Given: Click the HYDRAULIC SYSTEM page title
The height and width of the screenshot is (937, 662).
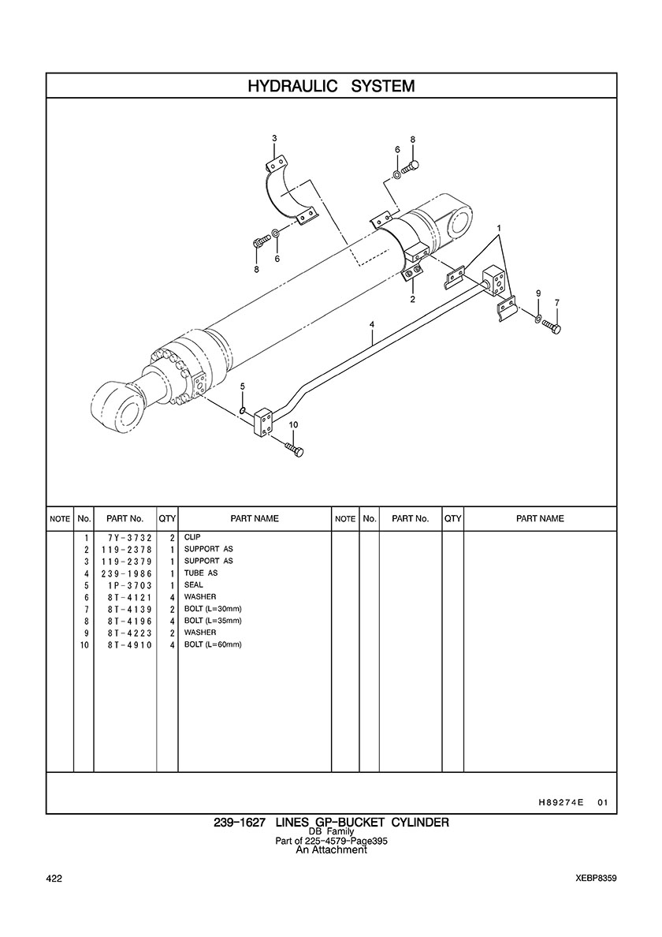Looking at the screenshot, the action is point(331,86).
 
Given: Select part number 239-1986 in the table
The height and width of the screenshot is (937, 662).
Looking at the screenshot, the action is point(127,573).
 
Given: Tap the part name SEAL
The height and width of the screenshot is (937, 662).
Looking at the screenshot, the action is point(193,585).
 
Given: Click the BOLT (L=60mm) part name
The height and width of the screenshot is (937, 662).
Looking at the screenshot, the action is point(213,645).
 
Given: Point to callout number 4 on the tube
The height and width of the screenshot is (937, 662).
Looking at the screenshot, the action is point(372,324).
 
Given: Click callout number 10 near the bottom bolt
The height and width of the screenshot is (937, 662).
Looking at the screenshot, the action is point(294,424).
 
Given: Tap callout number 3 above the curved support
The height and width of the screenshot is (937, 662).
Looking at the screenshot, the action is point(274,138).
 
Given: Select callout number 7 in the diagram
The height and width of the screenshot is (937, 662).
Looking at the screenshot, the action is point(556,302).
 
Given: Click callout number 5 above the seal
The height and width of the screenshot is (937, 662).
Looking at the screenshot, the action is point(243,386).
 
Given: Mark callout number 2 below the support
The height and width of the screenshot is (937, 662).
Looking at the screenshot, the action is point(412,300).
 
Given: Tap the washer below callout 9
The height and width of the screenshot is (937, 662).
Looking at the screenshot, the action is point(538,316).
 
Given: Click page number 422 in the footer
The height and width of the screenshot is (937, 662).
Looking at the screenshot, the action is point(54,879).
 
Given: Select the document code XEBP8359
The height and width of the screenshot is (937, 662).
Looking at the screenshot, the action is point(597,879).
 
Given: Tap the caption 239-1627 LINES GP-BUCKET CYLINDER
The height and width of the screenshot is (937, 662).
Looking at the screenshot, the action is point(331,823).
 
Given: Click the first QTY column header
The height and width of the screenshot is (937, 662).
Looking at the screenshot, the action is point(167,519).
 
